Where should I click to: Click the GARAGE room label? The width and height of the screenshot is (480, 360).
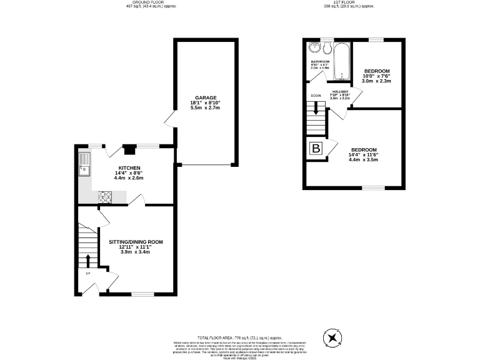point(205,98)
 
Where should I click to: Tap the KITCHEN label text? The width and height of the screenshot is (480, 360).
point(129,168)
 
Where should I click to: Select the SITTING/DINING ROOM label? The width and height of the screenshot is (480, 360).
point(136,242)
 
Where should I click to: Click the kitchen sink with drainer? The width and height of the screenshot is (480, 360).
point(84,166)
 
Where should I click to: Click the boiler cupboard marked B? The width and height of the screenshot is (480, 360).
point(316,149)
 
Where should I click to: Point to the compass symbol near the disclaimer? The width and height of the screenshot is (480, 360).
point(332,338)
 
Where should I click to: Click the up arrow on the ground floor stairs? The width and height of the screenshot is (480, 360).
point(88,260)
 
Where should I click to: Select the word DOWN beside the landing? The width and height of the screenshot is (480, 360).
point(316,96)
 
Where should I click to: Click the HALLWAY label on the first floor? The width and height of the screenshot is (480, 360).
point(341,92)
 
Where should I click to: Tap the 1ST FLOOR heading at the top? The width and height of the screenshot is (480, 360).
point(340,2)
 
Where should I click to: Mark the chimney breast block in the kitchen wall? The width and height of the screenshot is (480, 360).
point(129,149)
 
